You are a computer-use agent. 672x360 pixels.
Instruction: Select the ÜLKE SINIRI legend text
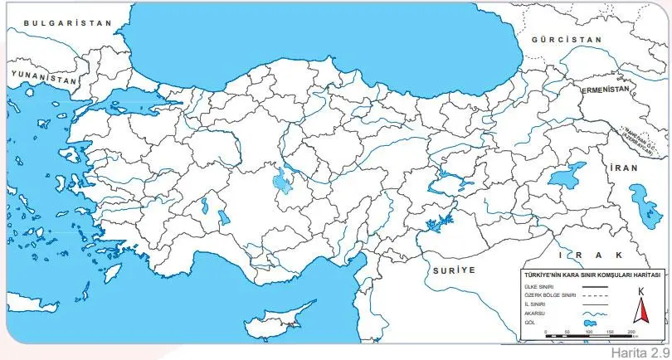tap(528, 286)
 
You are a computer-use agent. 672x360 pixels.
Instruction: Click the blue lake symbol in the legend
tap(592, 324)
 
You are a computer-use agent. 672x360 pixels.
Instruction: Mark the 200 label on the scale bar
tap(631, 332)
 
